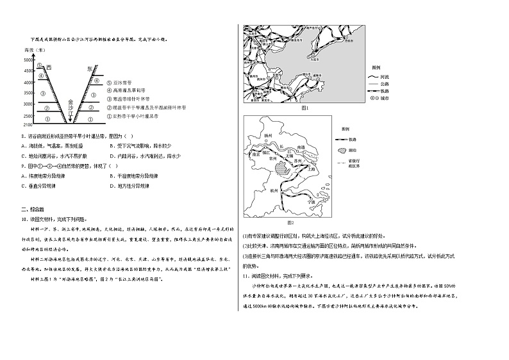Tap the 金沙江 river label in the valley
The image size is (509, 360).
tap(71, 108)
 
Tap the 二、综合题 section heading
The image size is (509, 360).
tap(33, 209)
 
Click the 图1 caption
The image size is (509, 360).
tap(305, 108)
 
